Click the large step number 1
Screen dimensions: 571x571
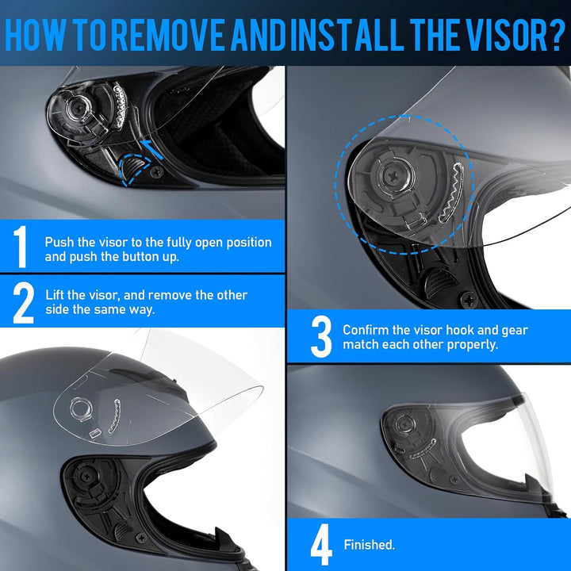pos(21,247)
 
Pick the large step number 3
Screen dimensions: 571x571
pos(321,337)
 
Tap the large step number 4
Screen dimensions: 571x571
pos(321,545)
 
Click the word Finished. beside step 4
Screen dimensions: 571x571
pos(369,546)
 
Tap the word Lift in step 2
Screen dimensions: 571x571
pos(56,295)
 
